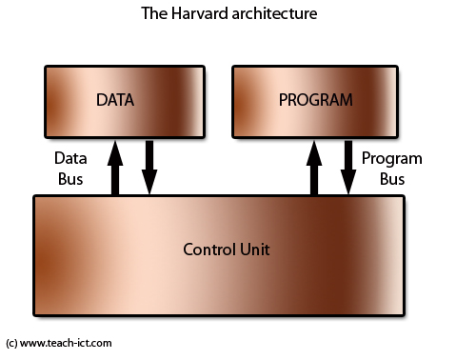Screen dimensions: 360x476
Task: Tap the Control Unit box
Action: click(x=219, y=255)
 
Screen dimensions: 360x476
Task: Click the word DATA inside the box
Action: click(x=116, y=99)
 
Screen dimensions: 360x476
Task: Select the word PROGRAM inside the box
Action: click(x=314, y=99)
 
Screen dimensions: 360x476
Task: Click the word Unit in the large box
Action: click(x=254, y=250)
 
